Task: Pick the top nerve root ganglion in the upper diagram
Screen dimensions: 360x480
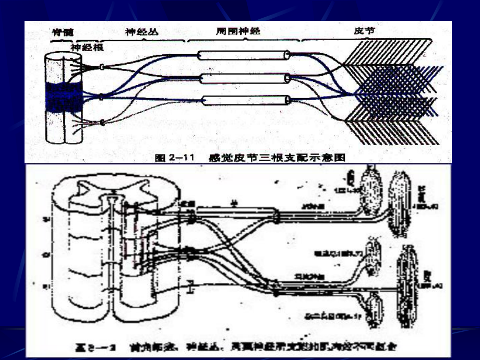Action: tap(102, 66)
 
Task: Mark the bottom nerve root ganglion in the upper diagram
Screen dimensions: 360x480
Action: tap(102, 123)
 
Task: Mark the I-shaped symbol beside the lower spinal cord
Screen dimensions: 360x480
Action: tap(191, 286)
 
